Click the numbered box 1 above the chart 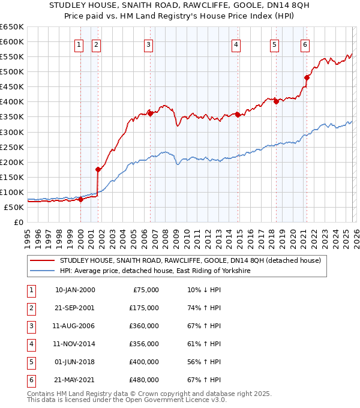click(80, 44)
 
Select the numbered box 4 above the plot click(236, 44)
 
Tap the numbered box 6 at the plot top click(305, 44)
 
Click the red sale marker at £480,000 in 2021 click(307, 77)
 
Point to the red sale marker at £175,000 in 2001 click(98, 169)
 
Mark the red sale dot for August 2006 click(150, 113)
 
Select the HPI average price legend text click(154, 271)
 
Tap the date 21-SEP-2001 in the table click(75, 308)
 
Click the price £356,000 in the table click(144, 344)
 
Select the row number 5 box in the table click(30, 362)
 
